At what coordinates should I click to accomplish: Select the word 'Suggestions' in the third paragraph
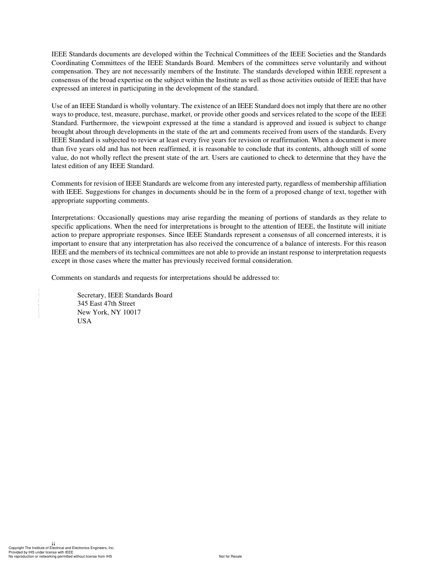pyautogui.click(x=86, y=192)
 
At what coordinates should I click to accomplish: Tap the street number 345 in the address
pyautogui.click(x=83, y=304)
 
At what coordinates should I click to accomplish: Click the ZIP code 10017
pyautogui.click(x=132, y=313)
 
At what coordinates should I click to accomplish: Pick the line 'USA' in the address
pyautogui.click(x=84, y=321)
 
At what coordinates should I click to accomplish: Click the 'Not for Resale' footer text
pyautogui.click(x=230, y=556)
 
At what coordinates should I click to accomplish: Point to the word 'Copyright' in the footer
pyautogui.click(x=17, y=548)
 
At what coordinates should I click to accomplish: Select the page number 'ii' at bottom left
pyautogui.click(x=53, y=544)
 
